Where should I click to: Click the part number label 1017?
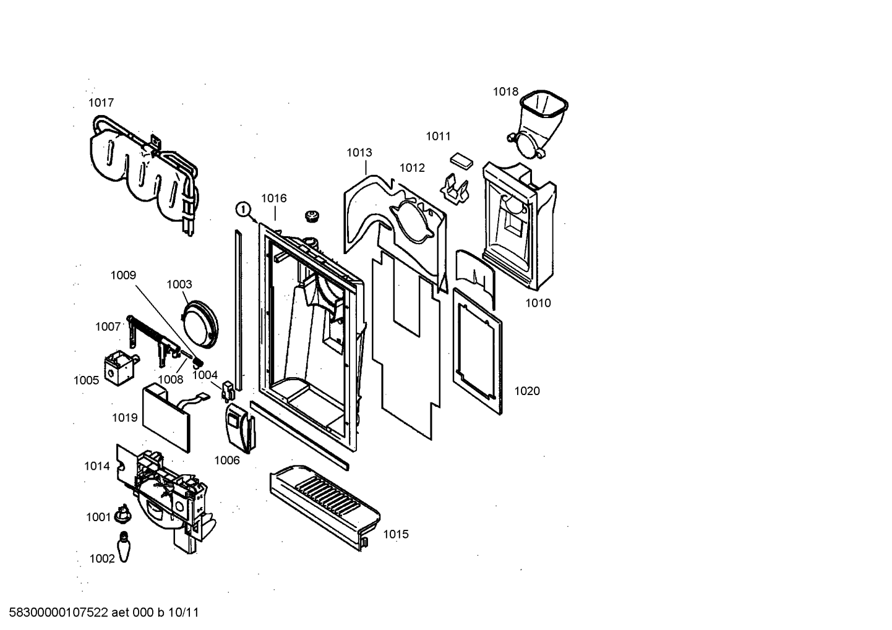(x=101, y=103)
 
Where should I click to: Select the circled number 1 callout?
(x=243, y=209)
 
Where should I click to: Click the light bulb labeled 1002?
(x=124, y=547)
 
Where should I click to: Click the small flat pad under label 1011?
(x=461, y=160)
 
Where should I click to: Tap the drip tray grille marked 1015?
(x=325, y=506)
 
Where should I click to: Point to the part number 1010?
(x=538, y=303)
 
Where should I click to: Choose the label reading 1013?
(x=359, y=153)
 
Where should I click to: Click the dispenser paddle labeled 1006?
(x=241, y=428)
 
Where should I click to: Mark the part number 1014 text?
(x=96, y=466)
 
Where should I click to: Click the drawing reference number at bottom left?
(x=103, y=613)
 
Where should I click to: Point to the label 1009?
(x=123, y=275)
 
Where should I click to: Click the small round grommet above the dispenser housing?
(x=312, y=216)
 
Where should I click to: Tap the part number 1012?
(x=412, y=168)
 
